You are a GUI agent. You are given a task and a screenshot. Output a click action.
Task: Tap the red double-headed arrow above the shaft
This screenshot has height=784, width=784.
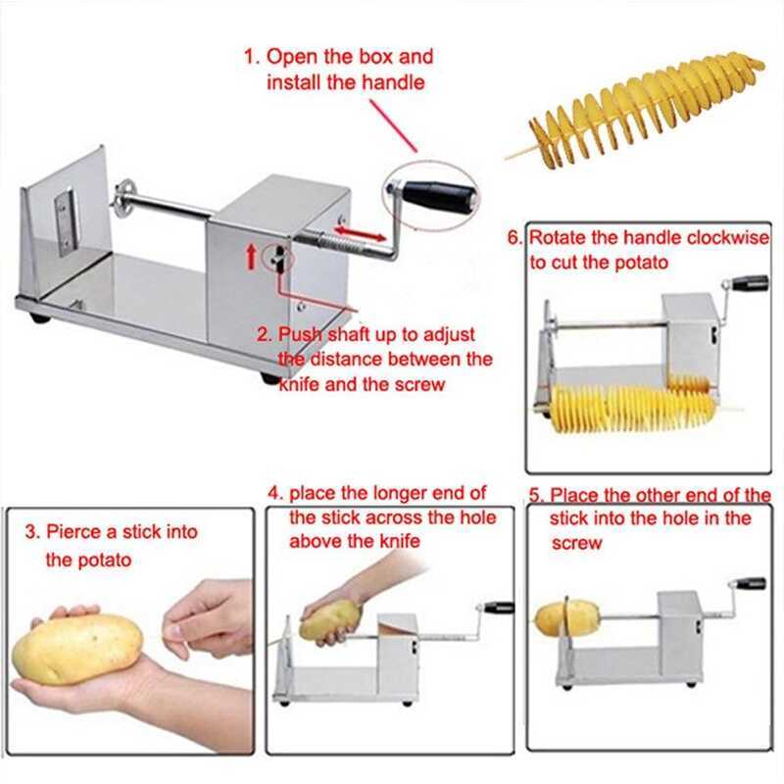pyautogui.click(x=360, y=233)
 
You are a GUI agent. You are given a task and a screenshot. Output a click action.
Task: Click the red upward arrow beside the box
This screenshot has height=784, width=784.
pyautogui.click(x=252, y=257)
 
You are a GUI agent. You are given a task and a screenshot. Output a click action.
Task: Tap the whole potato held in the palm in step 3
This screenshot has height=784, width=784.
pyautogui.click(x=76, y=649)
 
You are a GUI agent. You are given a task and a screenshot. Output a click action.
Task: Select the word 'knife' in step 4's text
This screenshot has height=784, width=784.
pyautogui.click(x=399, y=541)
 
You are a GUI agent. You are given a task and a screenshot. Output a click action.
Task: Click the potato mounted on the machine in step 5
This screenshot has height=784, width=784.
pyautogui.click(x=567, y=618)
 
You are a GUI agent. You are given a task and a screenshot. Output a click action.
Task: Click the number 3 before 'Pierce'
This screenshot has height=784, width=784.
pyautogui.click(x=31, y=531)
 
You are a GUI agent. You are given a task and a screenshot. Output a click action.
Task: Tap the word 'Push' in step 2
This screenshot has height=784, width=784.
pyautogui.click(x=300, y=334)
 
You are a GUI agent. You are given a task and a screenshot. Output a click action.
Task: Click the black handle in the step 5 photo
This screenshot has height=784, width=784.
pyautogui.click(x=750, y=584)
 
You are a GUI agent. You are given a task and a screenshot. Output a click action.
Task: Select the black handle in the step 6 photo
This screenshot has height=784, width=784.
pyautogui.click(x=751, y=282)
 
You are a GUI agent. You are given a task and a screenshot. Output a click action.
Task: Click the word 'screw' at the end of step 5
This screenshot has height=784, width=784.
pyautogui.click(x=576, y=544)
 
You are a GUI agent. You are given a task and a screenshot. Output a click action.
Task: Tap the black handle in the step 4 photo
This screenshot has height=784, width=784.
pyautogui.click(x=500, y=608)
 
